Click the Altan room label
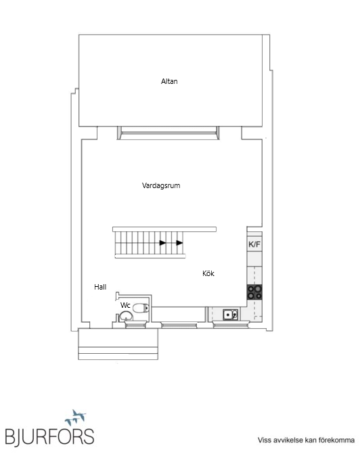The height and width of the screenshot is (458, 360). click(x=169, y=81)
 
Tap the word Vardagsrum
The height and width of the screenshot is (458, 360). click(x=161, y=185)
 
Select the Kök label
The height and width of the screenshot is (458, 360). click(x=208, y=273)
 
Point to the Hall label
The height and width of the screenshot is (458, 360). click(x=100, y=287)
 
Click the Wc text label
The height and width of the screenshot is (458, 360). click(x=125, y=305)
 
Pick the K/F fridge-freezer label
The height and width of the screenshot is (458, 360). click(x=254, y=244)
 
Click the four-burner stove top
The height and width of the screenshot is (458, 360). click(x=255, y=292)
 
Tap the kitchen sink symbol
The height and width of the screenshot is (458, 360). click(x=231, y=315)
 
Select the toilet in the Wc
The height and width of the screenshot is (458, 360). click(x=141, y=308)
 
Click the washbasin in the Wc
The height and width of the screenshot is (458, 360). click(x=126, y=316)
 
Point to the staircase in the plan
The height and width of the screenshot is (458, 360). click(x=150, y=243)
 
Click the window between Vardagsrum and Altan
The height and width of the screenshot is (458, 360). click(x=168, y=133)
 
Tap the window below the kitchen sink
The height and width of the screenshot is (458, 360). click(x=231, y=324)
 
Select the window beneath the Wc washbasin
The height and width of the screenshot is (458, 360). click(x=135, y=324)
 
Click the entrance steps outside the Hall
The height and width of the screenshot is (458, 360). click(x=118, y=344)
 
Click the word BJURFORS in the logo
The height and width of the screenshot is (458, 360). click(x=49, y=437)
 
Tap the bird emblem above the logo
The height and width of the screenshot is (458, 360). click(x=76, y=417)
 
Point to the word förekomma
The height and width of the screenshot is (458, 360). click(x=336, y=440)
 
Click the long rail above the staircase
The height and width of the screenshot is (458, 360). click(x=164, y=229)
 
